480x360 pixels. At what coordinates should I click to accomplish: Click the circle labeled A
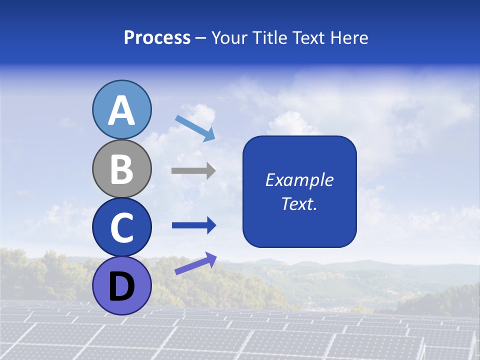[x=121, y=109]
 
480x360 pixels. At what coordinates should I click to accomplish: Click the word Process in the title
[x=157, y=37]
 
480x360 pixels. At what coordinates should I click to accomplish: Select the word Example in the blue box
[x=299, y=180]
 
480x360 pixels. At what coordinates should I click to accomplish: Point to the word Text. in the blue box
[x=299, y=203]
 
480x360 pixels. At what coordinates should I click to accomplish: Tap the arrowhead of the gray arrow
[x=210, y=170]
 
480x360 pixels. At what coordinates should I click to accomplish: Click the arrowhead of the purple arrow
[x=210, y=258]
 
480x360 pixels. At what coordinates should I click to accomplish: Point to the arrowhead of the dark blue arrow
[x=210, y=225]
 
